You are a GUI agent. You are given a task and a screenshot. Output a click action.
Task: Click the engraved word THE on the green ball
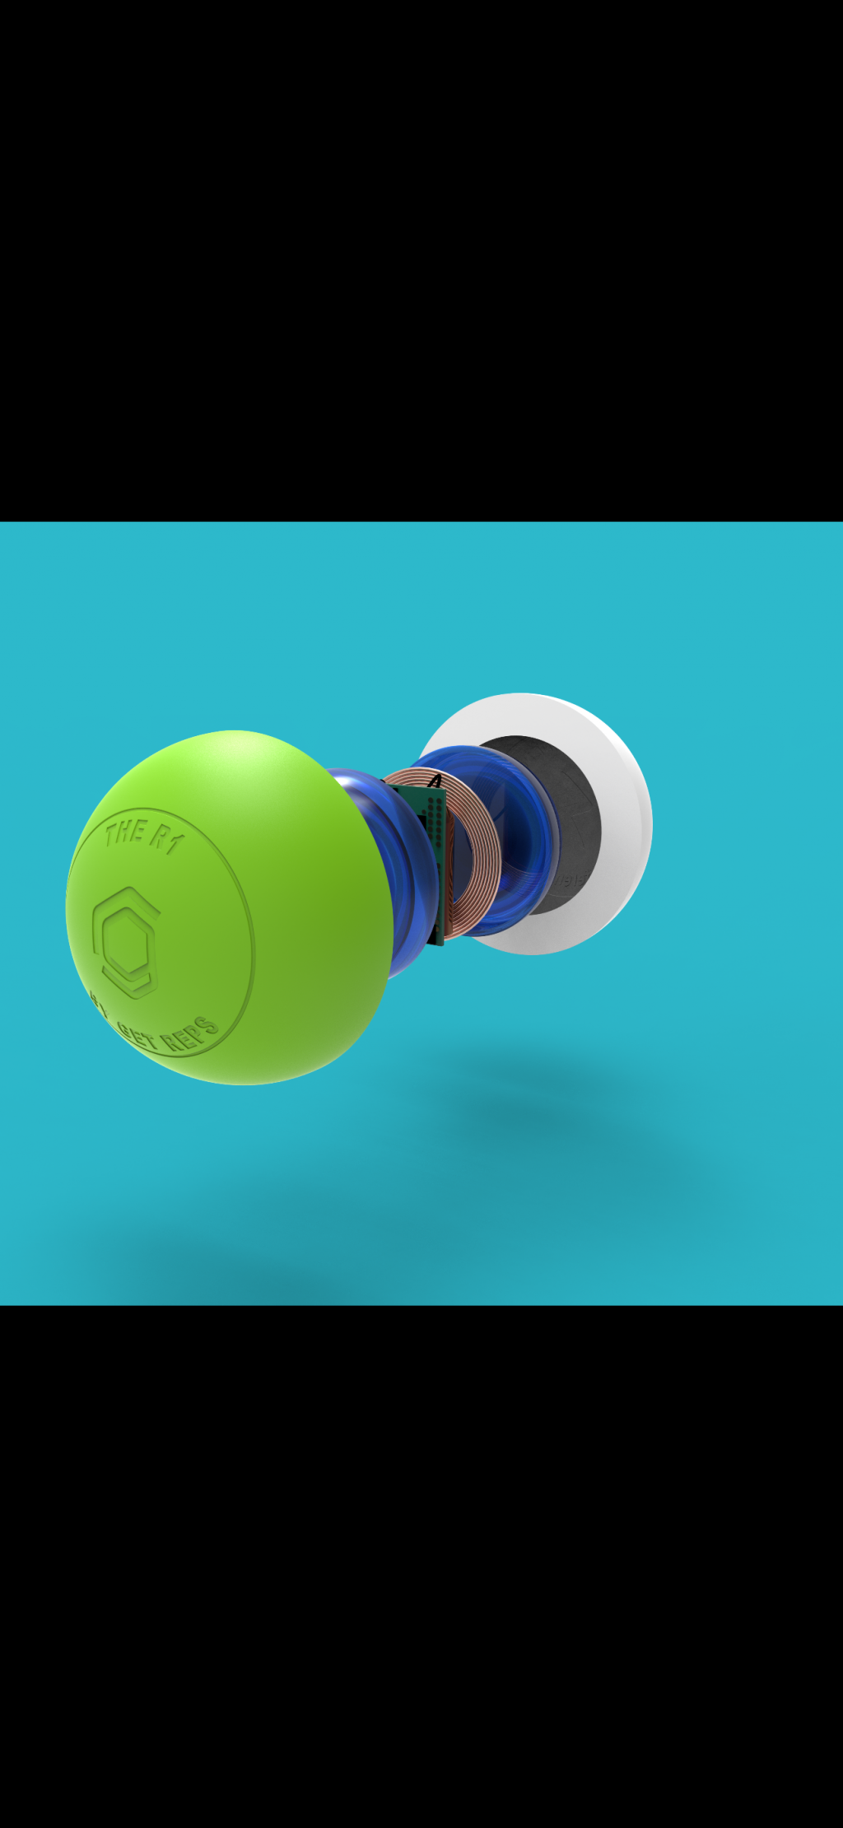click(x=125, y=832)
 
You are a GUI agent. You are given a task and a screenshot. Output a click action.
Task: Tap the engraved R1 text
click(x=165, y=839)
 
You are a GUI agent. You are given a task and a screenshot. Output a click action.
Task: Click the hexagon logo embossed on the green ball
click(x=126, y=942)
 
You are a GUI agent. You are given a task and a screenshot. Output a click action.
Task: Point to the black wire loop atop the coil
click(x=435, y=780)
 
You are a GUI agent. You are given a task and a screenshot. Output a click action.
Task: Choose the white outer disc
click(x=626, y=823)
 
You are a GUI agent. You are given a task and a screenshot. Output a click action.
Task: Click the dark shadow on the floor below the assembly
click(x=527, y=1120)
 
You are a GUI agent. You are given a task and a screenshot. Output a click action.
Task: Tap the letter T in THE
click(x=112, y=834)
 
